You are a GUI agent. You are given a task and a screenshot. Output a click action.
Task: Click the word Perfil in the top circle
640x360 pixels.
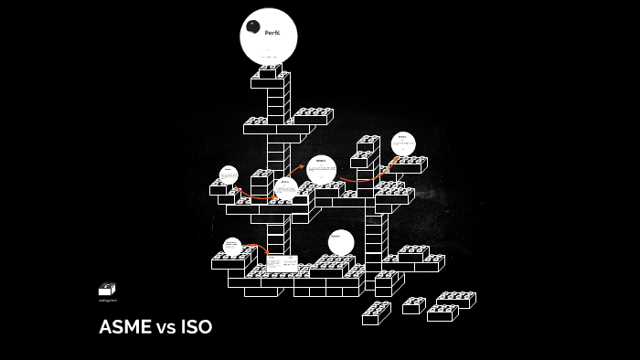pyautogui.click(x=272, y=33)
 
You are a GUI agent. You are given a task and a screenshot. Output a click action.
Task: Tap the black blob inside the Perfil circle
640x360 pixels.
pyautogui.click(x=253, y=26)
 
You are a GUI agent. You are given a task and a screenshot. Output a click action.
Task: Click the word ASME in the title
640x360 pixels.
pyautogui.click(x=125, y=327)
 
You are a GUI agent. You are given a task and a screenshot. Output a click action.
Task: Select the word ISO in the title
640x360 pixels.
pyautogui.click(x=197, y=327)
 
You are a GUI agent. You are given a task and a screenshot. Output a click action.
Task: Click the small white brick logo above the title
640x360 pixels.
pyautogui.click(x=107, y=290)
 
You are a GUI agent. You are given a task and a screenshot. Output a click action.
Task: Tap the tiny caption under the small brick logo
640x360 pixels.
pyautogui.click(x=108, y=301)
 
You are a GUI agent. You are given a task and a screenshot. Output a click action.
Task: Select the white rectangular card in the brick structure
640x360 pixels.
pyautogui.click(x=282, y=262)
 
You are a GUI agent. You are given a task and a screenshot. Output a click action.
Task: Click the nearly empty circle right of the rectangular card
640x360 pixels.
pyautogui.click(x=341, y=242)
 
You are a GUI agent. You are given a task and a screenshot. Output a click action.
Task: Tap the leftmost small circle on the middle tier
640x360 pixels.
pyautogui.click(x=229, y=175)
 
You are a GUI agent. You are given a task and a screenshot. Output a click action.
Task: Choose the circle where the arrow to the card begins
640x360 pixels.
pyautogui.click(x=232, y=246)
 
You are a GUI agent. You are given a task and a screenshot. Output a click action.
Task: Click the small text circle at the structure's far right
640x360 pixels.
pyautogui.click(x=403, y=143)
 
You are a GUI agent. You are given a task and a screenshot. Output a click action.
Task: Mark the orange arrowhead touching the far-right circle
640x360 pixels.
pyautogui.click(x=394, y=158)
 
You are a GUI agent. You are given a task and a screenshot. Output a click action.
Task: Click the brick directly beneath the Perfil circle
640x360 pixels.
pyautogui.click(x=269, y=71)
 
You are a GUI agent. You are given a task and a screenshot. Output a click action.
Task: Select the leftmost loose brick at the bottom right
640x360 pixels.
pyautogui.click(x=376, y=313)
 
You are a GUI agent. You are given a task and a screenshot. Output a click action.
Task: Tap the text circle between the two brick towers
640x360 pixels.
pyautogui.click(x=321, y=169)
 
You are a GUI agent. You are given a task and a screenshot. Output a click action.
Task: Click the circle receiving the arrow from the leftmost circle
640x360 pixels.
pyautogui.click(x=285, y=188)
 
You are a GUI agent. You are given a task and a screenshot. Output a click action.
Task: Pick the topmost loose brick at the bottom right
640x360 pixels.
pyautogui.click(x=455, y=299)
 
